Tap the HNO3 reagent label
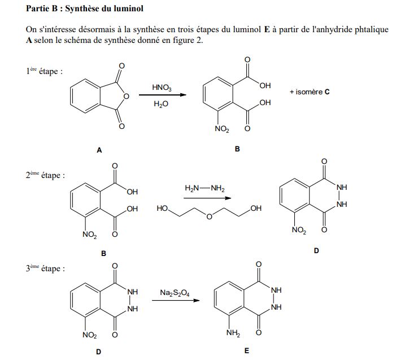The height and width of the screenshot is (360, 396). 162,87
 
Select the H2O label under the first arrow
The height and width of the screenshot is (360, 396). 162,105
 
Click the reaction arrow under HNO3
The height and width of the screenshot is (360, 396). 162,96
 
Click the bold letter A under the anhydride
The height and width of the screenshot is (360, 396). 99,150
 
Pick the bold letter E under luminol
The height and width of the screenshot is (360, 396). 246,351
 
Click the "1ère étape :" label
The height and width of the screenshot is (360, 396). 43,72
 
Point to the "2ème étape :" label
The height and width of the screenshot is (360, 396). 45,175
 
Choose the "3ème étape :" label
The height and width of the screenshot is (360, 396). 45,269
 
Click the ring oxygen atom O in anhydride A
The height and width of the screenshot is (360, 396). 126,97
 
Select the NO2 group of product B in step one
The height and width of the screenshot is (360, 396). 221,130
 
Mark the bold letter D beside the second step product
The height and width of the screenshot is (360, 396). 316,250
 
